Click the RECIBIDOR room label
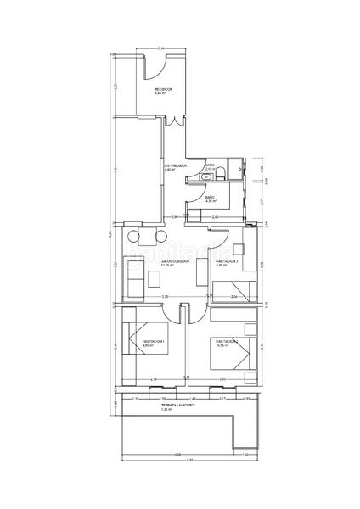[164, 91]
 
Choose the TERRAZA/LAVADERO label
[178, 407]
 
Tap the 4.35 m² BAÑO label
[210, 199]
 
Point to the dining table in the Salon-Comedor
[143, 238]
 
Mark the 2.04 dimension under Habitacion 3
[236, 297]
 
